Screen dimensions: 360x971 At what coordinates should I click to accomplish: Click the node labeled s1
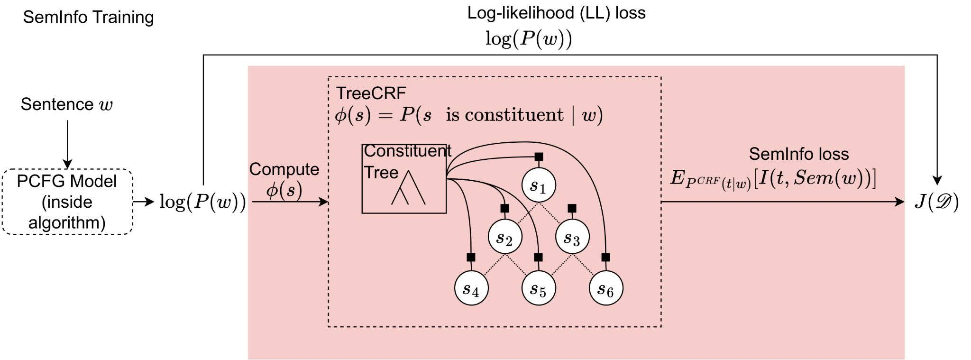coord(539,185)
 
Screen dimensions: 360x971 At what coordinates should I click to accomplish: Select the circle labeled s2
coord(505,237)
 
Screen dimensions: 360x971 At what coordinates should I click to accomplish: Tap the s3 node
coord(572,237)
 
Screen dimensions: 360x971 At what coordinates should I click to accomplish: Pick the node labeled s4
coord(471,288)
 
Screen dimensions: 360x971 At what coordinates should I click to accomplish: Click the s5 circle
coord(539,288)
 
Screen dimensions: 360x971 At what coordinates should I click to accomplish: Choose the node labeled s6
coord(606,288)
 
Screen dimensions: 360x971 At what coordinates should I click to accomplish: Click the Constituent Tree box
coord(404,179)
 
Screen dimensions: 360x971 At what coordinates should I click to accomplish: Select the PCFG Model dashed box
coord(67,202)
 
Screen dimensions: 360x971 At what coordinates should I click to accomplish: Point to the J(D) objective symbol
coord(936,203)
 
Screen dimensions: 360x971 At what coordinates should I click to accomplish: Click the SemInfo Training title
coord(89,17)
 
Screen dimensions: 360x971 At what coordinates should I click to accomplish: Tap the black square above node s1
coord(539,157)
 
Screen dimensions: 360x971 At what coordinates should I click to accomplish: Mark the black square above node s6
coord(605,258)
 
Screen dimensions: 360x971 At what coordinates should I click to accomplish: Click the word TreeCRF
coord(371,93)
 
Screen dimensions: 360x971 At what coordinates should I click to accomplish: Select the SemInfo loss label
coord(798,154)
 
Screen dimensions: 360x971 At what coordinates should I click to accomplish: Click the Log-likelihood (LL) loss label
coord(556,13)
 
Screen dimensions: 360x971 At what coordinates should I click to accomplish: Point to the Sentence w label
coord(67,104)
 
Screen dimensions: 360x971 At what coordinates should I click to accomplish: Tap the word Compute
coord(284,169)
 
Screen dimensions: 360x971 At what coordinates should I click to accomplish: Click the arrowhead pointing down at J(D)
coord(937,180)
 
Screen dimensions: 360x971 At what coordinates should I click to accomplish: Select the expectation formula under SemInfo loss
coord(773,179)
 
